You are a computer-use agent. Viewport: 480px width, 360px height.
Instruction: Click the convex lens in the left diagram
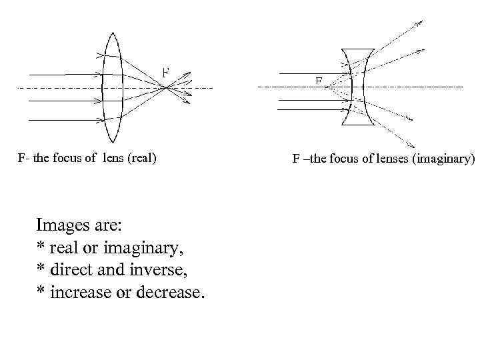click(111, 87)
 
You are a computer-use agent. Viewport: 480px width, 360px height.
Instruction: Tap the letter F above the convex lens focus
click(165, 71)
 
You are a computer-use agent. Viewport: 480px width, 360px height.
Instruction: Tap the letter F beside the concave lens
click(319, 81)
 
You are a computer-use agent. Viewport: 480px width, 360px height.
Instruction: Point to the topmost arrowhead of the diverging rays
click(419, 23)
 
